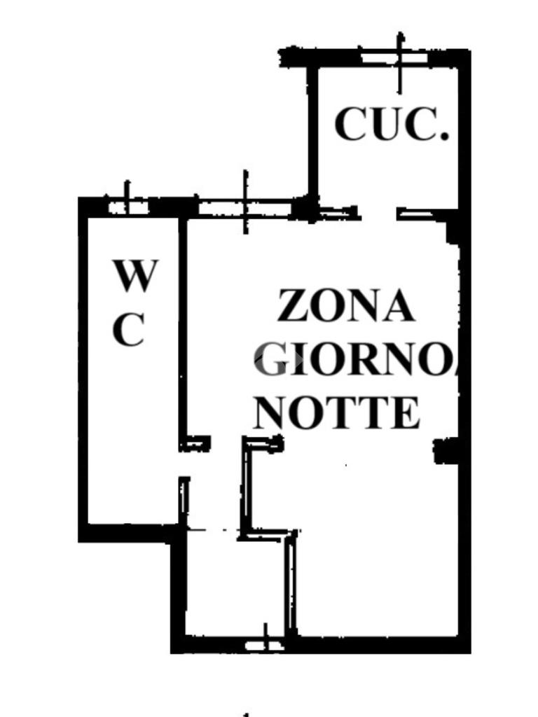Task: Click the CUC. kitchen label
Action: [391, 125]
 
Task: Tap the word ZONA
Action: [345, 306]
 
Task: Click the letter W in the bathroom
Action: [135, 276]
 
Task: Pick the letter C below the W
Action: [128, 329]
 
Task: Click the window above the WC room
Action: [127, 207]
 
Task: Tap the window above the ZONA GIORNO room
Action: [245, 207]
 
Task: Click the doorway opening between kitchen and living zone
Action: [378, 212]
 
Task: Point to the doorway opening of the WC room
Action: [184, 463]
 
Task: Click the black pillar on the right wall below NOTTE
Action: [446, 450]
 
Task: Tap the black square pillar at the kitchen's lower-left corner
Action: [305, 208]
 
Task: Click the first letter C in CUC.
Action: [350, 125]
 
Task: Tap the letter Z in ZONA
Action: [293, 306]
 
